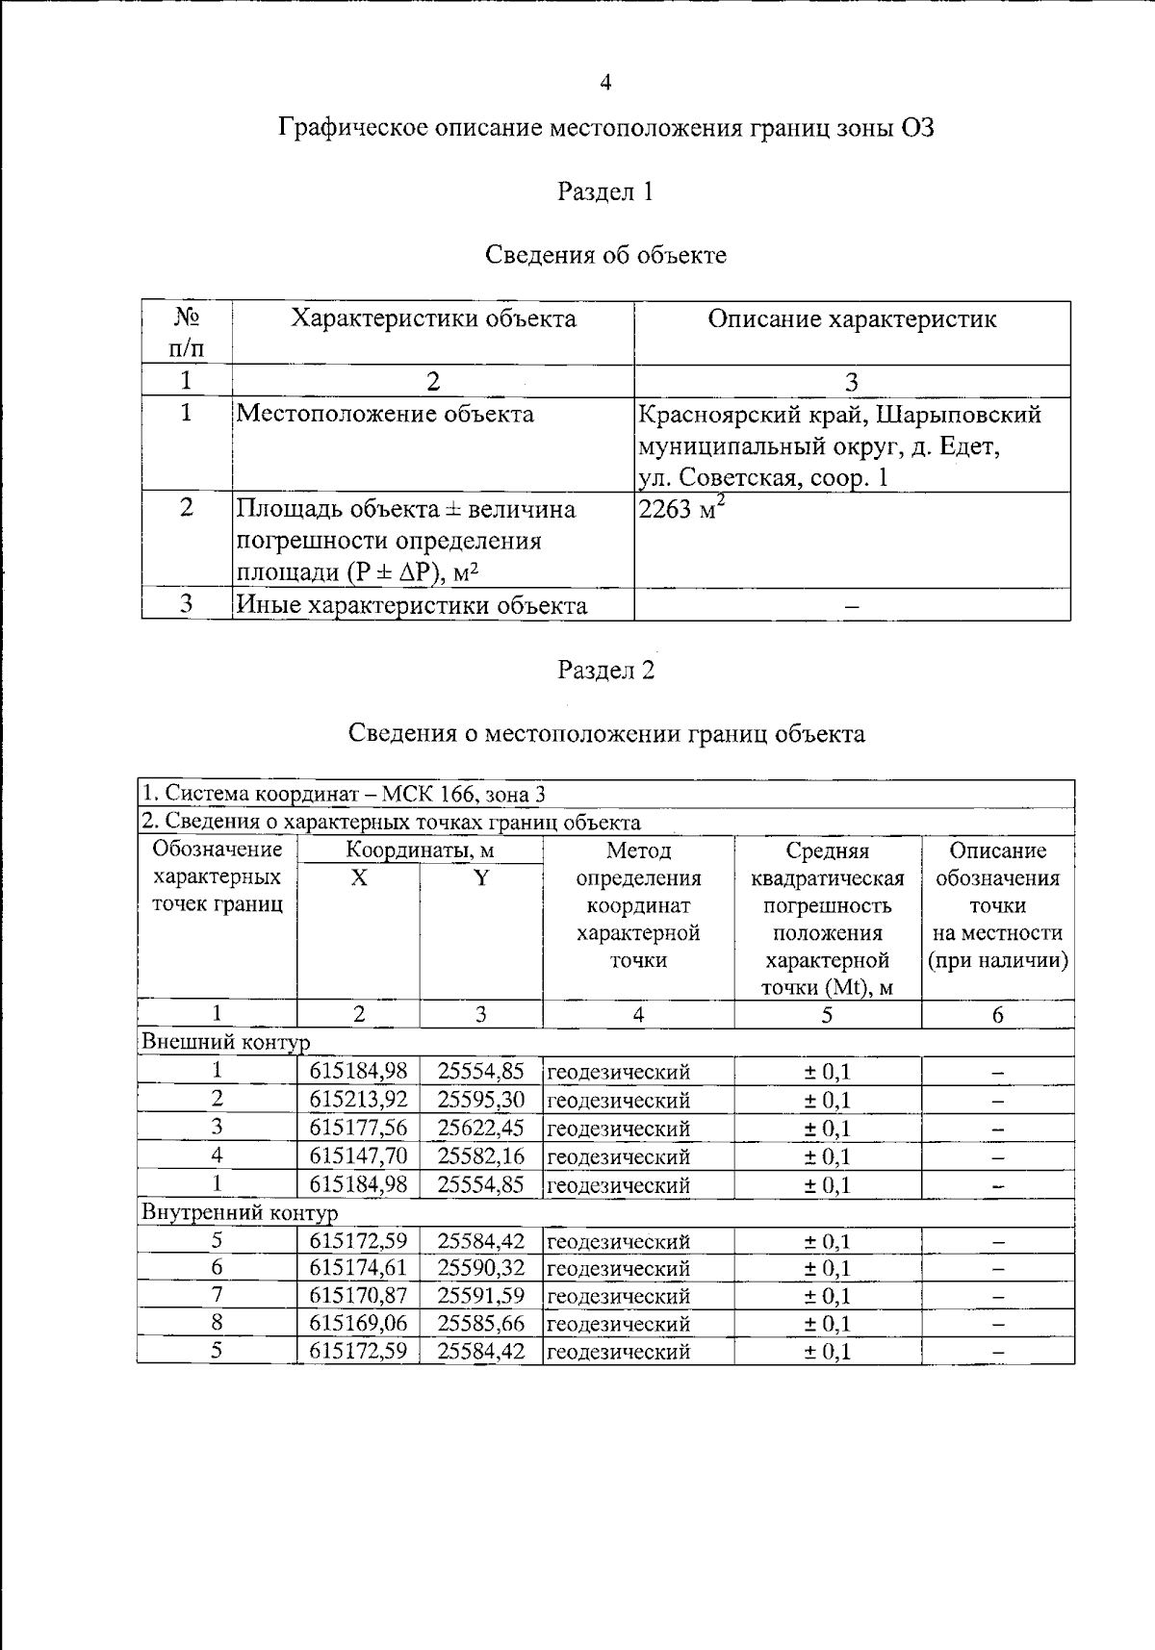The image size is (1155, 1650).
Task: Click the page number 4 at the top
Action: [x=605, y=83]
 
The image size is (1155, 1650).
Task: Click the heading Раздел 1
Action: [x=605, y=191]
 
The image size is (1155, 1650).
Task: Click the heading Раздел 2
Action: [x=605, y=670]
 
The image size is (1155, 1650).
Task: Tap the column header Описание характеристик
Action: [x=852, y=319]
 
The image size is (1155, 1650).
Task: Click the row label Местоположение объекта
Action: [x=385, y=414]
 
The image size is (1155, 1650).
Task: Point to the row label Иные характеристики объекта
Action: [x=411, y=605]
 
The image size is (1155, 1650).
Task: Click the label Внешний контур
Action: [x=225, y=1042]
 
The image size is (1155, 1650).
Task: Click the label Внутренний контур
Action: [x=240, y=1212]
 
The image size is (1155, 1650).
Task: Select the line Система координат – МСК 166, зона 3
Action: [x=344, y=794]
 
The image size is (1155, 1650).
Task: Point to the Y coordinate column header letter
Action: [x=481, y=877]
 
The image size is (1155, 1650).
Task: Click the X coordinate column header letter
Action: [x=358, y=877]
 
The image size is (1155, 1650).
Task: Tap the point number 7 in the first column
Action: [x=217, y=1295]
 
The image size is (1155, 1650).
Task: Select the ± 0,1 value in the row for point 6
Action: [x=827, y=1268]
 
